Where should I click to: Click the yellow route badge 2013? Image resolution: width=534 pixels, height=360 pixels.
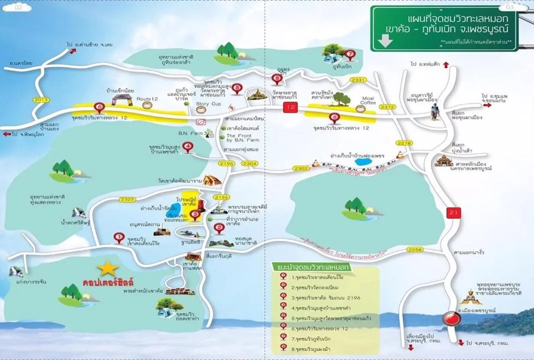tap(41, 99)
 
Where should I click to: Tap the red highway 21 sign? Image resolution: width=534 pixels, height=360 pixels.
tap(453, 213)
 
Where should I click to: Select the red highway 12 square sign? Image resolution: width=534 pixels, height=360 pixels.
tap(290, 107)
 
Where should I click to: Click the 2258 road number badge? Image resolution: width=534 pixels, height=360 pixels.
tap(415, 248)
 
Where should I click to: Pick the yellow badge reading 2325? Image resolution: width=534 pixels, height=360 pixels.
tap(127, 199)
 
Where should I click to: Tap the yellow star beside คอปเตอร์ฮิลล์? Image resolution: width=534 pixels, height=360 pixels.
tap(107, 268)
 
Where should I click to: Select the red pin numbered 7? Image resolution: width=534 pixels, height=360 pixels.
tap(350, 54)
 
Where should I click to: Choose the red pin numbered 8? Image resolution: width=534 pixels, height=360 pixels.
tap(277, 78)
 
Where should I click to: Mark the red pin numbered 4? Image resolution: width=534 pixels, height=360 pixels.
tap(188, 147)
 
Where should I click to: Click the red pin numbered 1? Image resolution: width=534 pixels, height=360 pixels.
tap(119, 237)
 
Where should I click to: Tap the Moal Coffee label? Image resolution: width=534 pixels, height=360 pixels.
tap(368, 100)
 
